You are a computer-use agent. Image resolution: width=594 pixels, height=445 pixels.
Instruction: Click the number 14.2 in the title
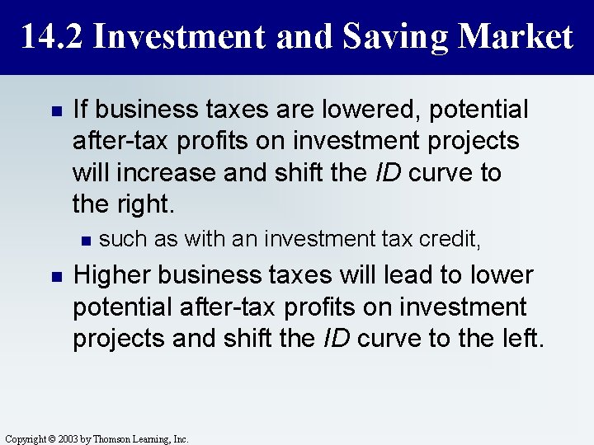point(50,36)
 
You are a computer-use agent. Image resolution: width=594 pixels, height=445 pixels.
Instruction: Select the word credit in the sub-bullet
point(452,240)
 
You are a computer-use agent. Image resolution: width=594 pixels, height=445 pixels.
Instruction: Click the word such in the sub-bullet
point(118,240)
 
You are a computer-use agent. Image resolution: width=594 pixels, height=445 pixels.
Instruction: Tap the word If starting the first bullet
point(81,110)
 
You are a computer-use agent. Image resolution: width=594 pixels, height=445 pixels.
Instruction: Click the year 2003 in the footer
point(71,439)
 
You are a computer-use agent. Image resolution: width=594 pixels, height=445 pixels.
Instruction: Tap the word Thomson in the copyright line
point(112,439)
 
